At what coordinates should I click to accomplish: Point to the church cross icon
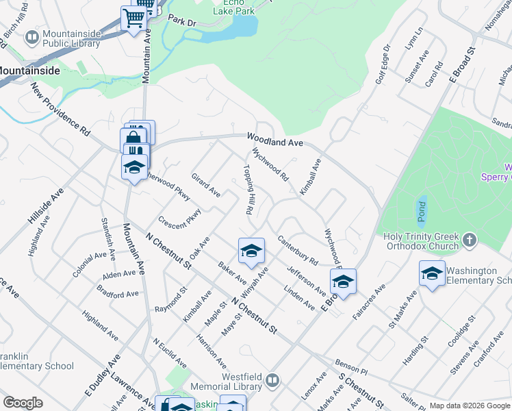[469, 240]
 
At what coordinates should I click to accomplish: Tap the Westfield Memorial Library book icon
[272, 379]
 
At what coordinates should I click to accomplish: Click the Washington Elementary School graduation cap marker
[433, 274]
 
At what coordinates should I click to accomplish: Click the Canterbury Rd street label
[298, 250]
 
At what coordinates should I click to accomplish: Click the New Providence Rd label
[60, 109]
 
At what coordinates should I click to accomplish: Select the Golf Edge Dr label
[382, 65]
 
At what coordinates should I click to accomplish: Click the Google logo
[23, 403]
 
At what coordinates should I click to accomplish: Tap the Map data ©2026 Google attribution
[470, 406]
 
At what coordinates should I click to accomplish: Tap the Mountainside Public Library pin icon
[31, 36]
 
